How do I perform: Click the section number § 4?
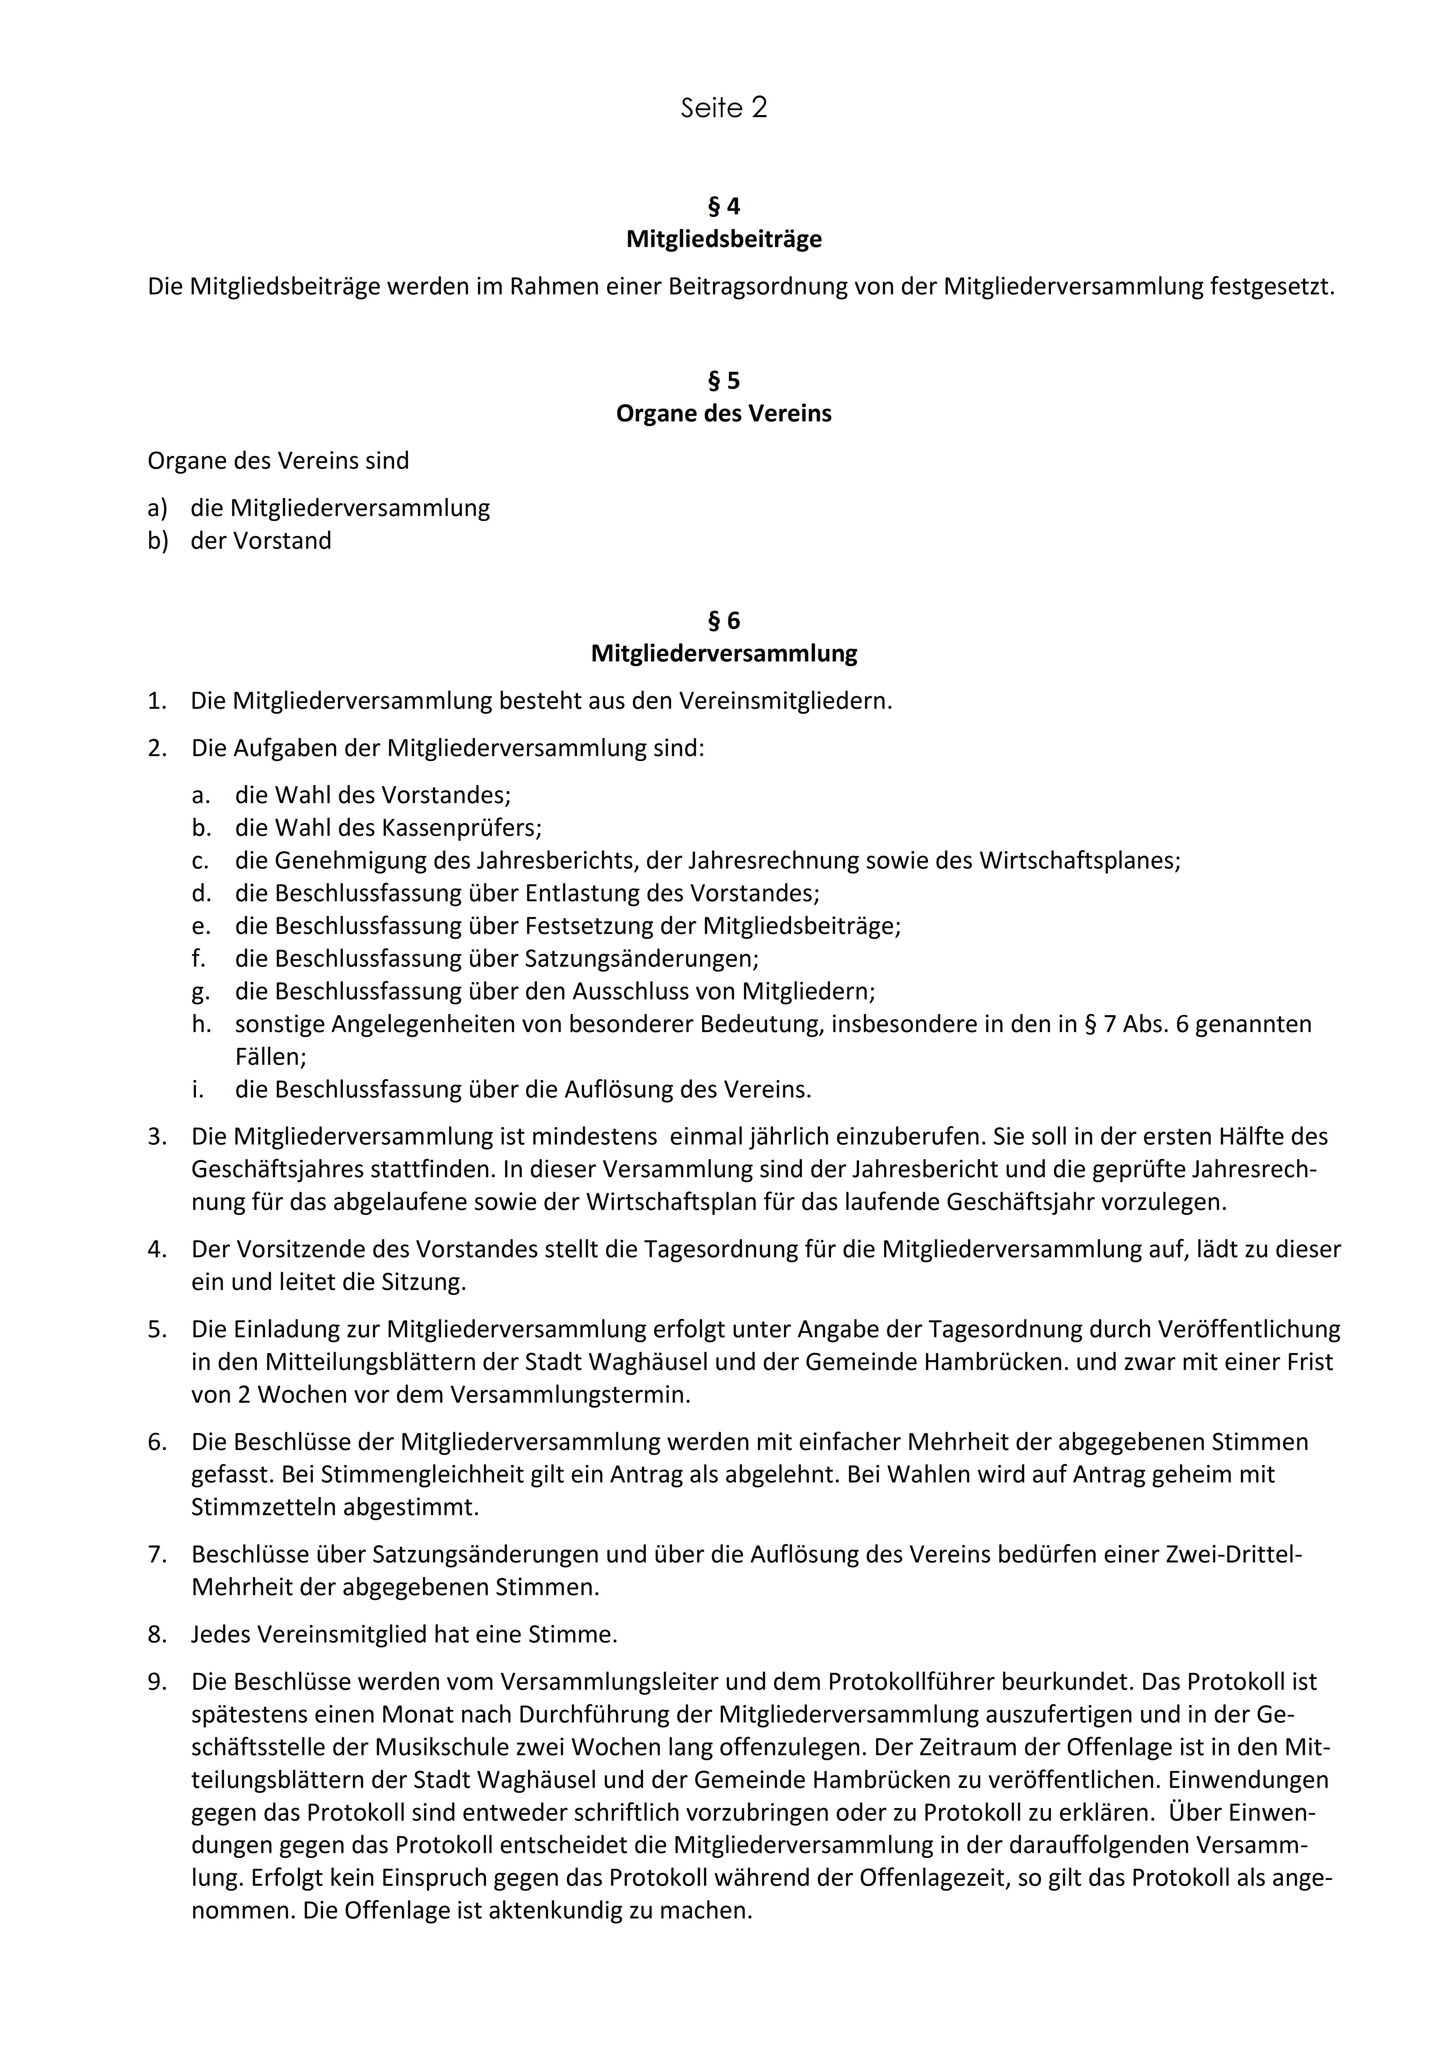tap(724, 206)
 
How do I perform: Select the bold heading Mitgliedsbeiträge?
tap(724, 239)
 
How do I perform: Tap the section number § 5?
tap(724, 381)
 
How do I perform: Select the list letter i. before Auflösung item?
tap(197, 1090)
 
